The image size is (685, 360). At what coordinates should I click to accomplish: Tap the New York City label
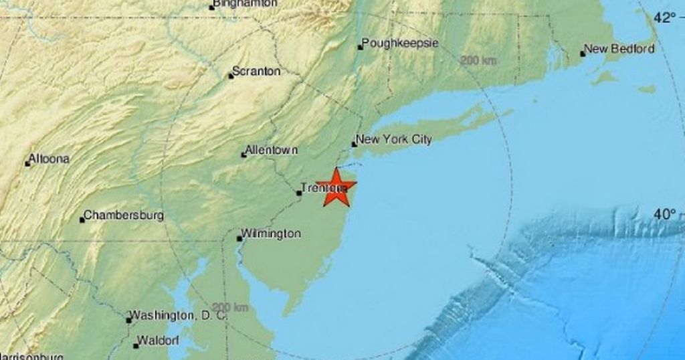tap(394, 140)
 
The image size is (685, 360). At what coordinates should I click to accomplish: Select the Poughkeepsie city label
tap(400, 44)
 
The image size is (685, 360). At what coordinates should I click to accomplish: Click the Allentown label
tap(272, 151)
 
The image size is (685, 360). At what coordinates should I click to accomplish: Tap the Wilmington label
tap(272, 234)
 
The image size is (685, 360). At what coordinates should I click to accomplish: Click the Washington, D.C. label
tap(178, 314)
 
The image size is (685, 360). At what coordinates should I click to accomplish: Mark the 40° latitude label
tap(665, 215)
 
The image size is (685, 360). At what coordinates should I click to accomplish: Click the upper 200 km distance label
tap(478, 61)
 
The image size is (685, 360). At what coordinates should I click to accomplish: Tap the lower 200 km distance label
tap(231, 307)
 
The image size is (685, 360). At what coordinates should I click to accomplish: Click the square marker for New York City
tap(355, 144)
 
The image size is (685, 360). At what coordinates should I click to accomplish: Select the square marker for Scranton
tap(231, 76)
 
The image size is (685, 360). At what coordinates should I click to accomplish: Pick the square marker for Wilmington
tap(239, 238)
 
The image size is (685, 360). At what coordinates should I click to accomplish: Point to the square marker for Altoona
tap(27, 163)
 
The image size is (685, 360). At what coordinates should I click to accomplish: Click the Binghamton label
tap(243, 4)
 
